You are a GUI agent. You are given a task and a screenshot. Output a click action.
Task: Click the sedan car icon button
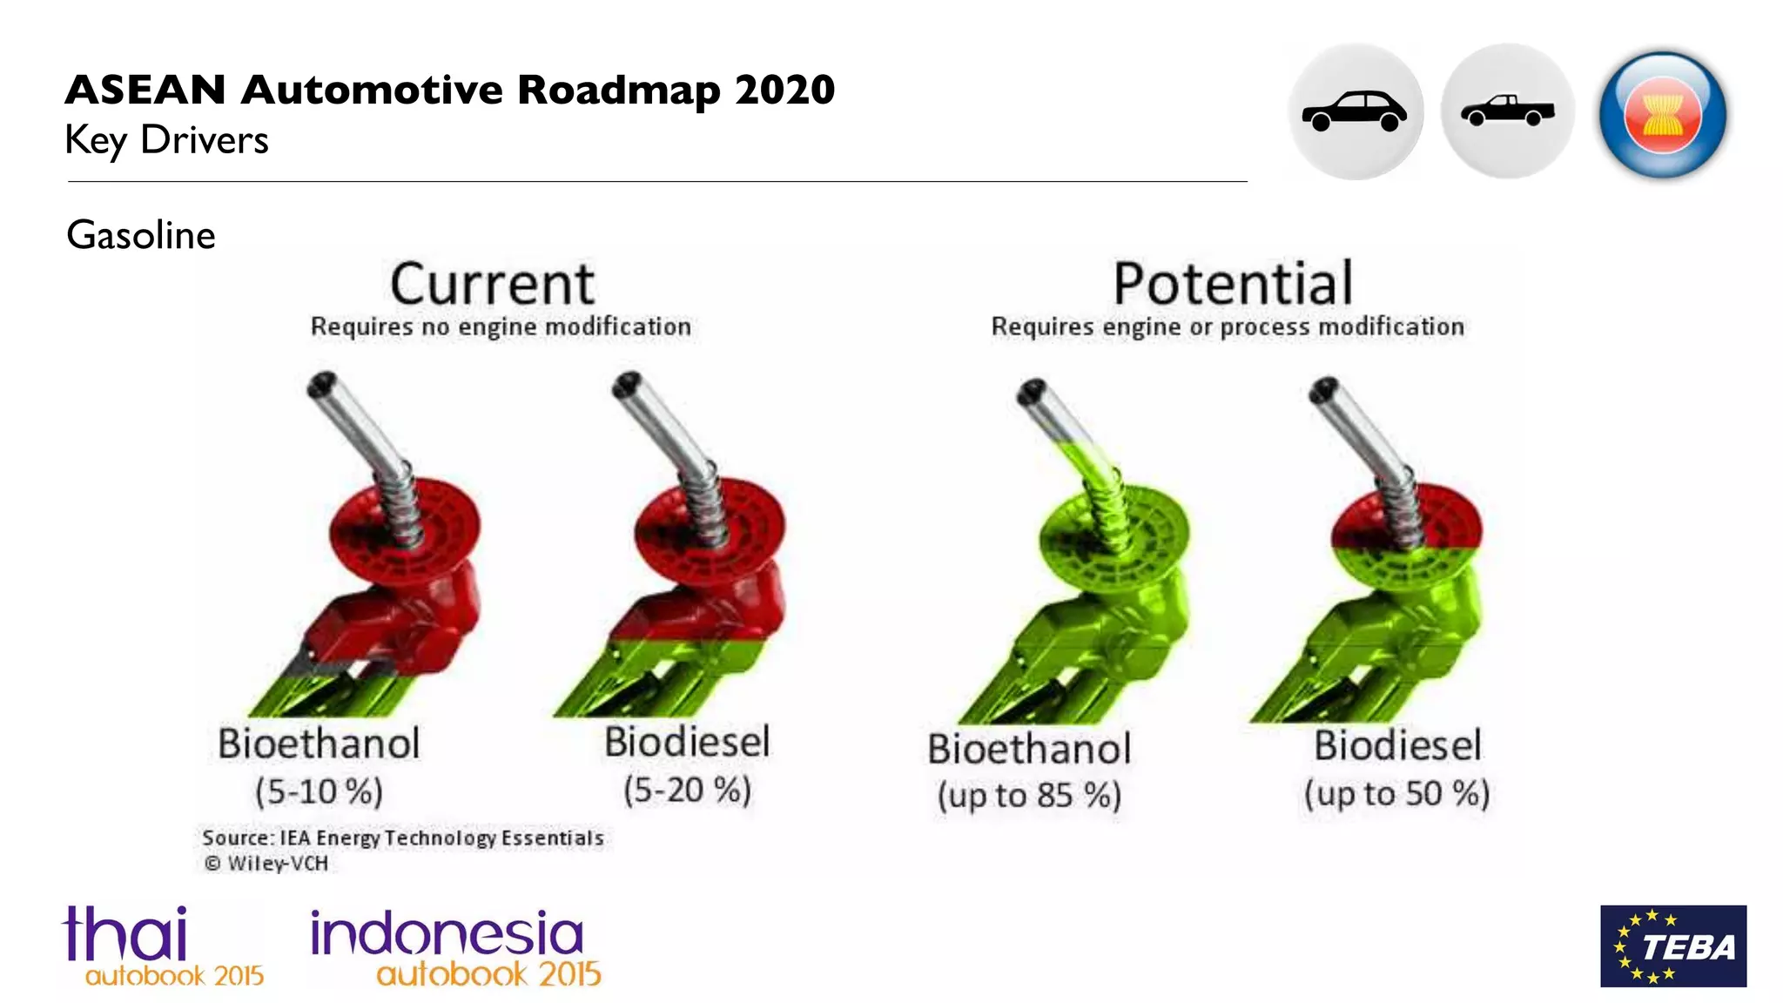click(x=1355, y=111)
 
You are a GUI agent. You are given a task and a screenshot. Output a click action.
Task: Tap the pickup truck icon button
click(x=1508, y=111)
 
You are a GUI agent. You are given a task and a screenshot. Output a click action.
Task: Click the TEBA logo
click(x=1672, y=946)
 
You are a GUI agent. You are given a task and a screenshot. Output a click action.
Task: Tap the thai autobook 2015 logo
click(x=162, y=946)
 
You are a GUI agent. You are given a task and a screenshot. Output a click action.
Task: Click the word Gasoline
click(x=141, y=235)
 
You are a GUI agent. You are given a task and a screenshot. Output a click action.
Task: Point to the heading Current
click(x=492, y=284)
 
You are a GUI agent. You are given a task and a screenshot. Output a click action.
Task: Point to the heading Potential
click(x=1233, y=284)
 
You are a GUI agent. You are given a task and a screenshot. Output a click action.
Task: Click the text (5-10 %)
click(x=319, y=791)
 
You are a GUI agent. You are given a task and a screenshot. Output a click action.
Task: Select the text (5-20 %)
click(x=687, y=790)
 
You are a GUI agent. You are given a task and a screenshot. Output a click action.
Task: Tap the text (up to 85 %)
click(x=1029, y=795)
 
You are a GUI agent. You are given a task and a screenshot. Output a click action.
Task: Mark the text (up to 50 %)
click(x=1396, y=793)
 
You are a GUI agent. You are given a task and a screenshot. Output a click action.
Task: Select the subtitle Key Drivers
click(x=167, y=140)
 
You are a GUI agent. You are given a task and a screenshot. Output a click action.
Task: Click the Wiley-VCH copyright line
click(x=266, y=863)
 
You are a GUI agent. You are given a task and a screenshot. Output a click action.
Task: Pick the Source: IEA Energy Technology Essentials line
click(x=402, y=838)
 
